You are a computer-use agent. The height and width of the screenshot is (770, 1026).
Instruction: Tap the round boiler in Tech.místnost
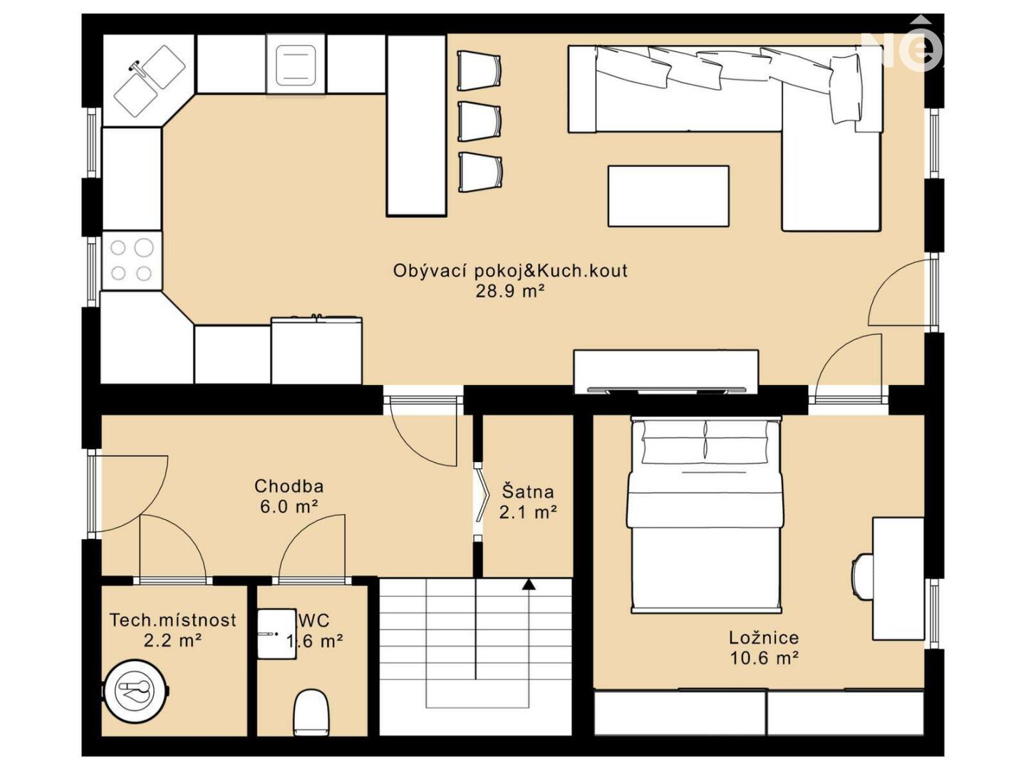[135, 689]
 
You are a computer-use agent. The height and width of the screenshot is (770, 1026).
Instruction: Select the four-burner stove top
[132, 260]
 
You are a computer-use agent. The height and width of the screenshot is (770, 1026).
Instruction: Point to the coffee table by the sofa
[668, 196]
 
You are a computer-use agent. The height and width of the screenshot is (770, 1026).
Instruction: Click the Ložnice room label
[764, 637]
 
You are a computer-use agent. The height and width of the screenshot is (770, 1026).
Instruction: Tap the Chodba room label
[289, 486]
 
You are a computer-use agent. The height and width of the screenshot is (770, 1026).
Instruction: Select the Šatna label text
[528, 491]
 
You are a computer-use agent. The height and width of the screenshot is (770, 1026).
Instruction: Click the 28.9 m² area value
[510, 291]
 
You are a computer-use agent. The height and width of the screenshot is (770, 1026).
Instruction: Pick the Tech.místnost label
[173, 620]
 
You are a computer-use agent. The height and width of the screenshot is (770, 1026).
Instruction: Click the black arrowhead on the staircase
[529, 584]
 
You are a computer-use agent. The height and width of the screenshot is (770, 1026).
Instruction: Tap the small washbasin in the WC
[276, 634]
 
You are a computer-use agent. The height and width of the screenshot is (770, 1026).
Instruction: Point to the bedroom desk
[898, 578]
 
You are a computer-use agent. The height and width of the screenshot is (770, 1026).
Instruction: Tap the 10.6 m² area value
[764, 658]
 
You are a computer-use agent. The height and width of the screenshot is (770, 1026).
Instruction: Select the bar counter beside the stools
[416, 125]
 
